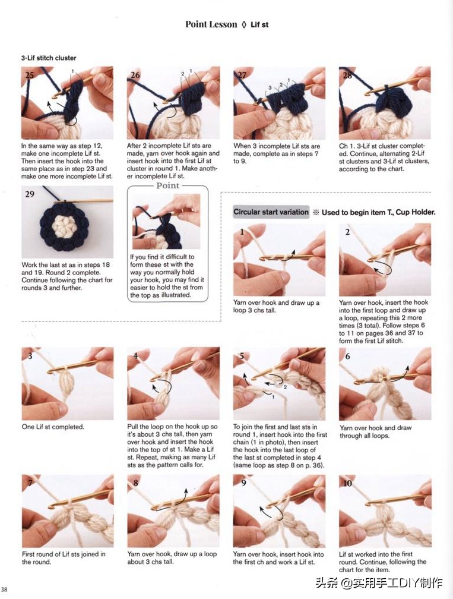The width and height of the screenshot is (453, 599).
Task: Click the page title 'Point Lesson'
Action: point(211,24)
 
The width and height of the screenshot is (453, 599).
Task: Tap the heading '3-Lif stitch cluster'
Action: point(49,58)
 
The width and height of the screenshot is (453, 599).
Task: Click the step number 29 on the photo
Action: point(29,194)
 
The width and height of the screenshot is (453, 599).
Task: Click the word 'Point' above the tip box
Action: point(168,185)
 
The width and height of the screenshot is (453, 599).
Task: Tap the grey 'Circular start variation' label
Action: point(271,212)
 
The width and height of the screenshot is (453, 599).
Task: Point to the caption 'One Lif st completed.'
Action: point(53,427)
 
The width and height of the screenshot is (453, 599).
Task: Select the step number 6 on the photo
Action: point(347,356)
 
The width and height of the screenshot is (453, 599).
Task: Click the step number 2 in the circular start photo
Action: point(347,232)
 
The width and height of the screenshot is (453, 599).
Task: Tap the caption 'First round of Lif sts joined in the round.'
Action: point(64,558)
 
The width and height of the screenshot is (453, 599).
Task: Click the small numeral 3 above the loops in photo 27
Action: point(270,87)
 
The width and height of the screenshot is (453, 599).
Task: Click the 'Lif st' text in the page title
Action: point(259,25)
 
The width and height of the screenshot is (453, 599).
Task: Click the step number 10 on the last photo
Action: point(347,483)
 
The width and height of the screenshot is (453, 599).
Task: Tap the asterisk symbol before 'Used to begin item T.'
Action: point(316,212)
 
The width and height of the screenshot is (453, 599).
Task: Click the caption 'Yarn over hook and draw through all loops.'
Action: point(376,431)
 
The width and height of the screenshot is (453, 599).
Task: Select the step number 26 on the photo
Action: point(135,75)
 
